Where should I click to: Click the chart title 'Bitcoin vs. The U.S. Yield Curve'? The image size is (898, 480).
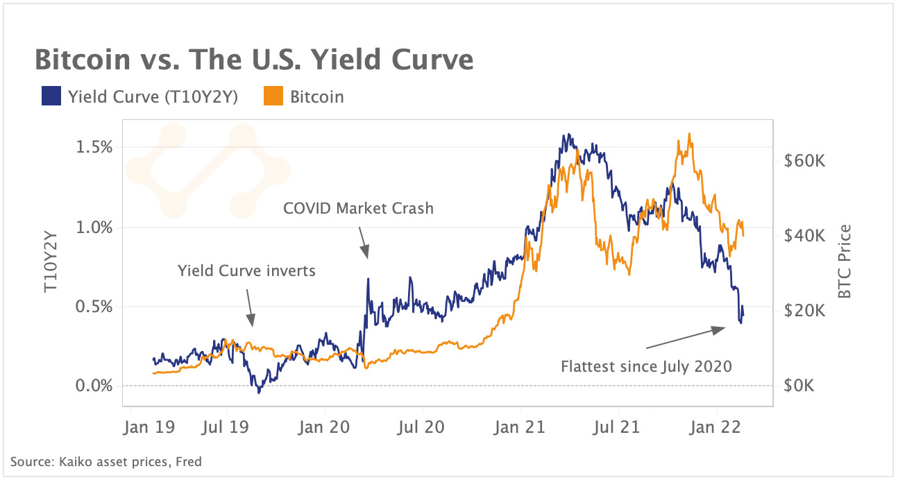(x=254, y=60)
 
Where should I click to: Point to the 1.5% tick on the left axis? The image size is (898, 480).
(x=93, y=148)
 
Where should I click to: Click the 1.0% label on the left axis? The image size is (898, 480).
(x=93, y=228)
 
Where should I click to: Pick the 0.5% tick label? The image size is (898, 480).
(x=93, y=307)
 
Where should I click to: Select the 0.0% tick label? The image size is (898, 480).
(x=93, y=386)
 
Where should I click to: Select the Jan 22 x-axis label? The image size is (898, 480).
(x=717, y=427)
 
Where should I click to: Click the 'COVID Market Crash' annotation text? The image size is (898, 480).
(x=358, y=207)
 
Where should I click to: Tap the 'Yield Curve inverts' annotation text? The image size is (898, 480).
(x=246, y=271)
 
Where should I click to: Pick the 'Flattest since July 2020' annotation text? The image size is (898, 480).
(x=646, y=366)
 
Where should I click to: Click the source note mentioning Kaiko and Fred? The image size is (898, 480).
(x=106, y=461)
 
